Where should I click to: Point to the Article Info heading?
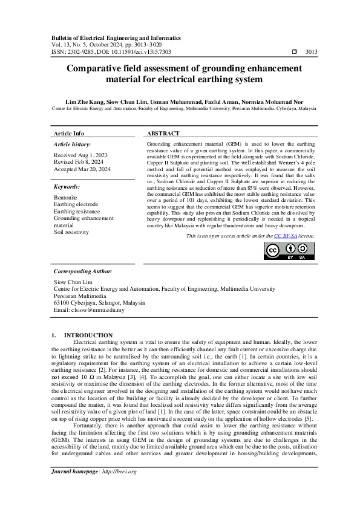(x=69, y=133)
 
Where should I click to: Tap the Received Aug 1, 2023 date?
(x=79, y=156)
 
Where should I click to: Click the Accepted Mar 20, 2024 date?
(x=81, y=169)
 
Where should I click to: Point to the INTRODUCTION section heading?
(x=88, y=335)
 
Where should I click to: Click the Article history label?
(x=73, y=144)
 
